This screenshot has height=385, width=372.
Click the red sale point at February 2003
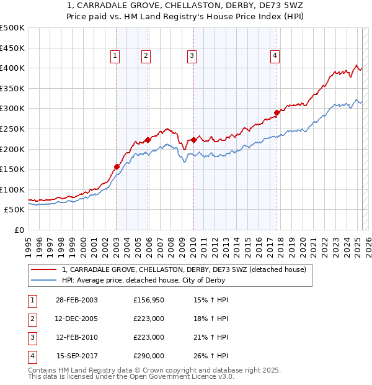click(117, 166)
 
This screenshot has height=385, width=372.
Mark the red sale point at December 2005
click(148, 140)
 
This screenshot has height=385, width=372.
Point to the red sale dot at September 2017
click(277, 112)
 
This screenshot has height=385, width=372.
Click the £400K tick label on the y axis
click(12, 68)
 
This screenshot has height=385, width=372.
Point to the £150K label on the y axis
click(12, 169)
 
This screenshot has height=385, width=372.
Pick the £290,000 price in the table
click(149, 356)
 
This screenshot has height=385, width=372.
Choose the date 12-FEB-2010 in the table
click(77, 337)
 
